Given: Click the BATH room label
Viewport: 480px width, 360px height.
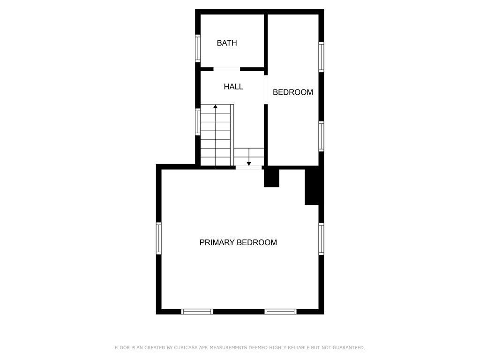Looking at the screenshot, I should click(x=227, y=43).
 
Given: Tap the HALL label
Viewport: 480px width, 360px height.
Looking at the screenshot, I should click(x=233, y=87).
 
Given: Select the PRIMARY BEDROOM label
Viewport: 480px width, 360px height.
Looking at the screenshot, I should click(x=238, y=242).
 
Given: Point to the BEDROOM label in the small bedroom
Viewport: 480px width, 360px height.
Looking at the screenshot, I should click(x=293, y=92).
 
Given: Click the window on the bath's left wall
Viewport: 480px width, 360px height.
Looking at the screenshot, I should click(x=198, y=48).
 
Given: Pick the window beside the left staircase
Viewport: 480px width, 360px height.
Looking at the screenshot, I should click(x=198, y=122).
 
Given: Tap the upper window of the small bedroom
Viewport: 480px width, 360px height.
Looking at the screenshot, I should click(x=321, y=57).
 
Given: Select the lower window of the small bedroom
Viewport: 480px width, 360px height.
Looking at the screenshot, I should click(x=321, y=136).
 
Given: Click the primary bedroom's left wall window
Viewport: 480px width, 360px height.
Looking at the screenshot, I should click(x=159, y=238).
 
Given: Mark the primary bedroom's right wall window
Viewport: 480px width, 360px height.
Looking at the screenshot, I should click(x=321, y=239).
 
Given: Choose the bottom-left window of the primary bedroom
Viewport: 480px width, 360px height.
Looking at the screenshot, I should click(x=197, y=311).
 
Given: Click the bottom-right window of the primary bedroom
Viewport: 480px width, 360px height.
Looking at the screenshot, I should click(x=280, y=311).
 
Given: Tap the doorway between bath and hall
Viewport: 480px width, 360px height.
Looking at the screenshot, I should click(x=227, y=69).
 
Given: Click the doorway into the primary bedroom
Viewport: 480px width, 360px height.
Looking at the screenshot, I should click(x=248, y=167).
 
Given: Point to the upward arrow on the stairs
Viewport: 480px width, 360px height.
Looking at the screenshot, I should click(x=215, y=107).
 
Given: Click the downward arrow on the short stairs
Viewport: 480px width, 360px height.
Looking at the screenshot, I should click(x=249, y=163).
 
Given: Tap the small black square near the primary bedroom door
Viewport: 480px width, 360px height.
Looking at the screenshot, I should click(x=271, y=178).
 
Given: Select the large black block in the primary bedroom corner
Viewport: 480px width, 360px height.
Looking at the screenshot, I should click(x=312, y=187).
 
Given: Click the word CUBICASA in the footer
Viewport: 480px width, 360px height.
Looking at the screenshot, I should click(x=185, y=348).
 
